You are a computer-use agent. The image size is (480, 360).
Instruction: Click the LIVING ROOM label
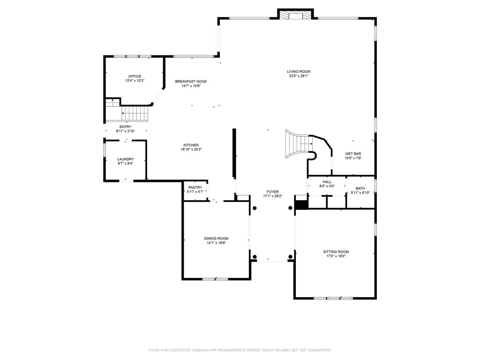pyautogui.click(x=299, y=72)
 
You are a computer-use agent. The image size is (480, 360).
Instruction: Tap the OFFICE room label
pyautogui.click(x=135, y=76)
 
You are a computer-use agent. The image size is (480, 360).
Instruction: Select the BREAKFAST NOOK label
pyautogui.click(x=191, y=82)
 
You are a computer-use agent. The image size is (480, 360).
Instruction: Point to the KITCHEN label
pyautogui.click(x=191, y=145)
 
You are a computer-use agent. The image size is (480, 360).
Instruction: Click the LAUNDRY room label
pyautogui.click(x=125, y=159)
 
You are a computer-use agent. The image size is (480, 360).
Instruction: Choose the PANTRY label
pyautogui.click(x=195, y=187)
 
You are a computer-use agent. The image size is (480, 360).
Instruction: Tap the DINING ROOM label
pyautogui.click(x=216, y=239)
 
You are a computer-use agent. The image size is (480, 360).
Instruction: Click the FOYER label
pyautogui.click(x=272, y=192)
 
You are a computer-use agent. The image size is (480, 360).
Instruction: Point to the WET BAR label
pyautogui.click(x=353, y=154)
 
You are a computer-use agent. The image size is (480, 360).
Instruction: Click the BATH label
pyautogui.click(x=360, y=188)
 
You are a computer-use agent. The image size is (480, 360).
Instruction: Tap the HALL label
pyautogui.click(x=327, y=182)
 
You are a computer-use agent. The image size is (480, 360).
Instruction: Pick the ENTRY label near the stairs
pyautogui.click(x=125, y=127)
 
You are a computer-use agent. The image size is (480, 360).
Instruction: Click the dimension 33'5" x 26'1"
pyautogui.click(x=299, y=76)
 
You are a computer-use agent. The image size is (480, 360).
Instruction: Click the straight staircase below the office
pyautogui.click(x=135, y=113)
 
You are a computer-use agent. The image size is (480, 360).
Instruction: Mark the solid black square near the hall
pyautogui.click(x=300, y=205)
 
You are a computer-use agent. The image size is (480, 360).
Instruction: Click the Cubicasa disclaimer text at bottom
pyautogui.click(x=240, y=350)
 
